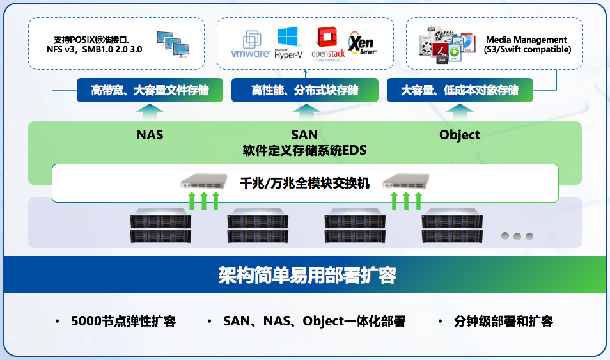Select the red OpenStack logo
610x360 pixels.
[328, 43]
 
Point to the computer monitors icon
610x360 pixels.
[173, 43]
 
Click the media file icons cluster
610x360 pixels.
[447, 44]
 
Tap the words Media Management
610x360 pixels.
[517, 40]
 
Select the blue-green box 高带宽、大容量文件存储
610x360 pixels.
[150, 90]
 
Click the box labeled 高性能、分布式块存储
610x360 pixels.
[305, 90]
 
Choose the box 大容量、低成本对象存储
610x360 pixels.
[460, 90]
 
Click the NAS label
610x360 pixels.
[150, 135]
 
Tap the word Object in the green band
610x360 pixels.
[460, 135]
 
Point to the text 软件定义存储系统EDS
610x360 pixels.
[304, 151]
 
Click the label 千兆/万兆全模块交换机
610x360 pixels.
[305, 182]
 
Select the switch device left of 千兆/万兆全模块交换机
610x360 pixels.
[204, 182]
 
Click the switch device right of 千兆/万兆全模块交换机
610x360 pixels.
[406, 182]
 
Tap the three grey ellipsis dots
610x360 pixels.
[517, 236]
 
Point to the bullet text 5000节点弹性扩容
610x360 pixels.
[123, 321]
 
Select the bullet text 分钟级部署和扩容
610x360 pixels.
[503, 321]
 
